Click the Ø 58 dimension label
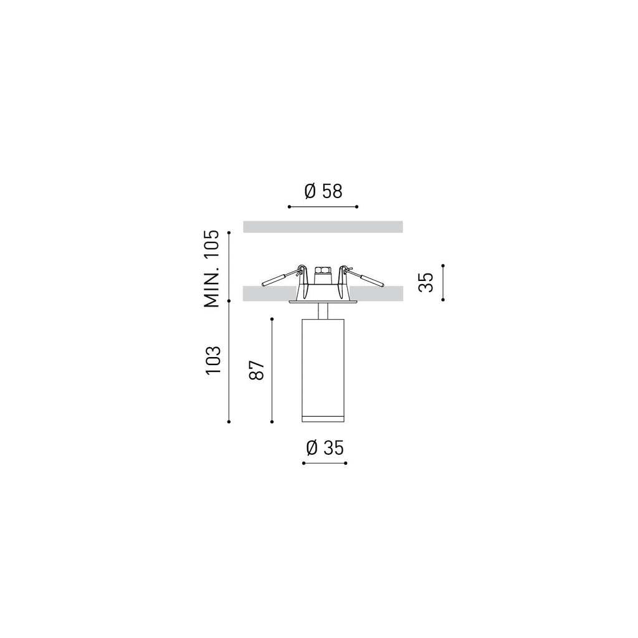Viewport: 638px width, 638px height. (x=323, y=191)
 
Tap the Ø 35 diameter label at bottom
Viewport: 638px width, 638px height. (x=325, y=448)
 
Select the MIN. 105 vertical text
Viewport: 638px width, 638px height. (x=212, y=269)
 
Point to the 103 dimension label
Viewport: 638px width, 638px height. (x=213, y=361)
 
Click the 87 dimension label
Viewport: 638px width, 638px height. (x=257, y=370)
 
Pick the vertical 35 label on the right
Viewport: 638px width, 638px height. (x=426, y=282)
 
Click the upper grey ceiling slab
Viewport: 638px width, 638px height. (x=323, y=227)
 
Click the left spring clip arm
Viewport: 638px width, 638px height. (x=282, y=276)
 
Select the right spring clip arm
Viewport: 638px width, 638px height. (x=363, y=276)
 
